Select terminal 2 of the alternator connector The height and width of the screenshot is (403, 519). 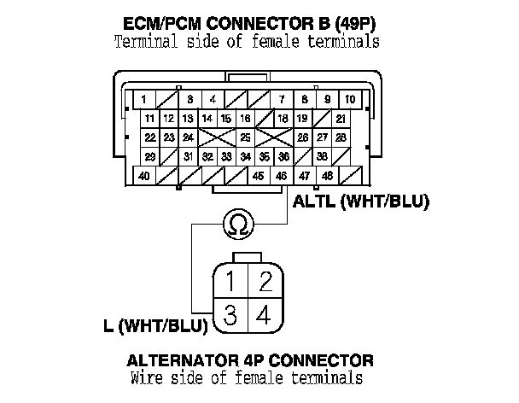(265, 280)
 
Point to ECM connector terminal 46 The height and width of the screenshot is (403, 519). (281, 176)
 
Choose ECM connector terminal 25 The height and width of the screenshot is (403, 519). (245, 137)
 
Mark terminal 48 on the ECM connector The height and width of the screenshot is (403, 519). (327, 176)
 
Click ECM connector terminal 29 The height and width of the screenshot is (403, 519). (149, 156)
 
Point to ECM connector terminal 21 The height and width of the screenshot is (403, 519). (341, 118)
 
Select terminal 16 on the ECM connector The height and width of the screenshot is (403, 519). (245, 118)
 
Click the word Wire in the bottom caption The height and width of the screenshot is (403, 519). (146, 377)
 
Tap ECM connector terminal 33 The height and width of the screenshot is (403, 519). (226, 156)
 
